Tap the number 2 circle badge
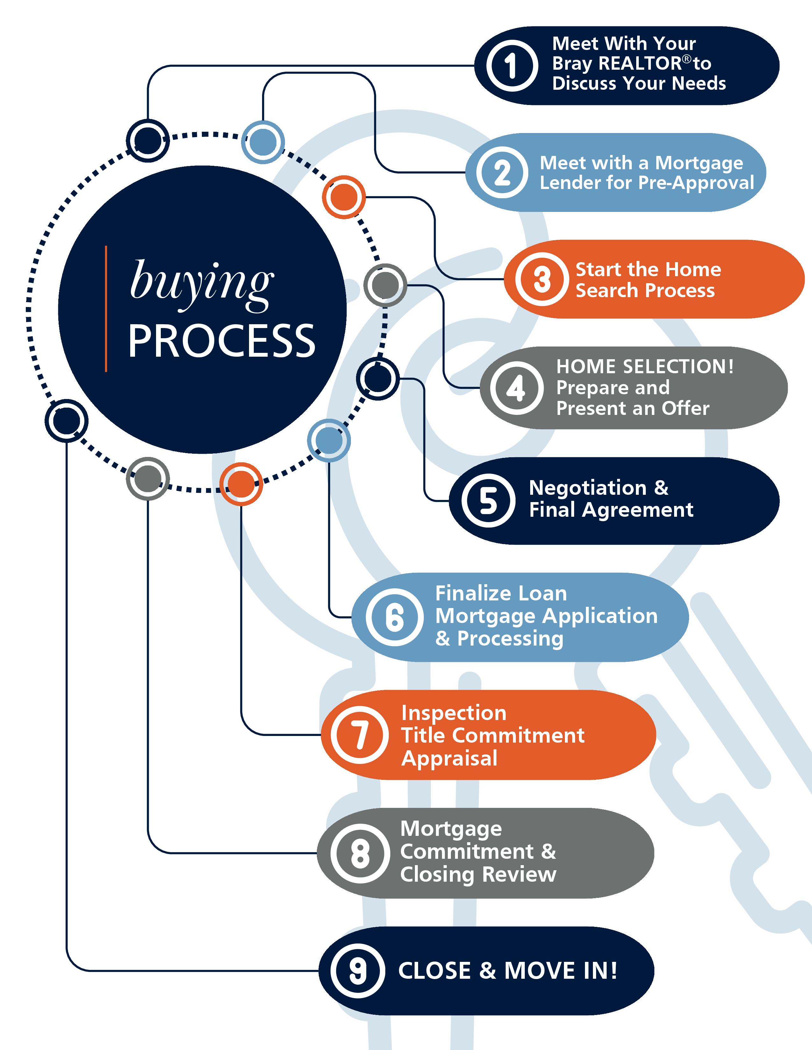click(x=502, y=172)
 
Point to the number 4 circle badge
click(x=516, y=388)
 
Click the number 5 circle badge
click(x=488, y=500)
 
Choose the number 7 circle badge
click(x=359, y=735)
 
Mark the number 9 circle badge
click(x=357, y=971)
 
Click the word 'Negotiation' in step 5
click(x=588, y=488)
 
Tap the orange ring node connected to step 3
click(x=344, y=197)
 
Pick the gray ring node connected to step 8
click(x=148, y=479)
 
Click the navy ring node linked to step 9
click(x=66, y=421)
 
